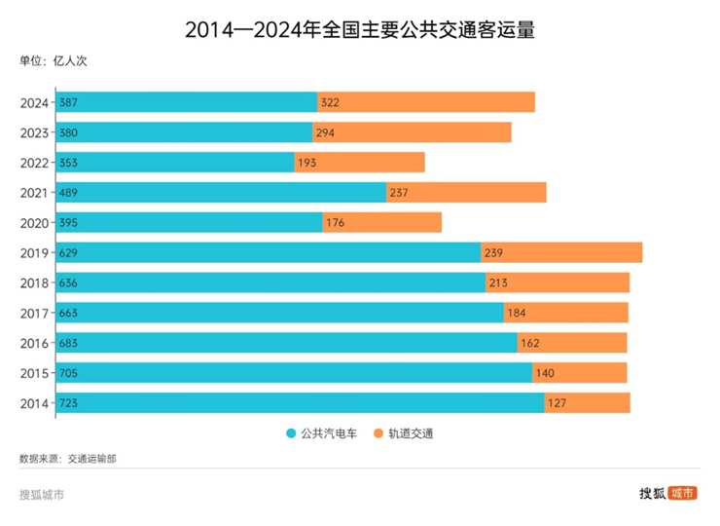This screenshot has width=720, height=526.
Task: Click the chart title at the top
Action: click(360, 29)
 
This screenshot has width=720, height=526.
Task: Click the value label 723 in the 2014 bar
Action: click(69, 403)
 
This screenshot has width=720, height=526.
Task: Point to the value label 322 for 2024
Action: click(330, 102)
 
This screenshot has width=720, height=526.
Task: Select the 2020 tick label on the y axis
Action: click(35, 223)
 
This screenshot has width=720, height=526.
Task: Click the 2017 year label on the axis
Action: click(35, 313)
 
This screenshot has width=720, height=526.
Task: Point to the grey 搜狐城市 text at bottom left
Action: click(42, 494)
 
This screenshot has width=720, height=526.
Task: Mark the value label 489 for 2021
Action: click(69, 193)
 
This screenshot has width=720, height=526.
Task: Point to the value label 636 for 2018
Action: click(69, 282)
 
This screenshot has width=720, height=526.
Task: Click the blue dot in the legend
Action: click(290, 433)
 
